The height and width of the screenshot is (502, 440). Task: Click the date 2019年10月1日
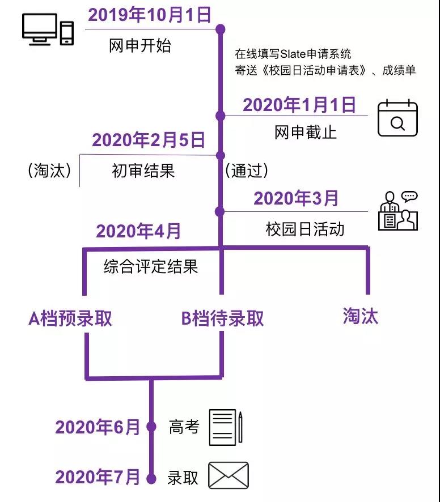tap(149, 15)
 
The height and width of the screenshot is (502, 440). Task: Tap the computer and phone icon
tap(48, 29)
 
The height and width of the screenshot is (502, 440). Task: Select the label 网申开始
tap(139, 45)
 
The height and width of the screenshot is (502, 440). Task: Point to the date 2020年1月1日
tap(299, 105)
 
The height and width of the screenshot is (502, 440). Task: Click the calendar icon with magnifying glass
tap(397, 118)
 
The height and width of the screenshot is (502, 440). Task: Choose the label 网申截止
tap(306, 132)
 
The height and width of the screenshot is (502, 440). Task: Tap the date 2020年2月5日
tap(149, 140)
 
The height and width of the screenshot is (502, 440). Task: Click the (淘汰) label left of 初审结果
tap(49, 170)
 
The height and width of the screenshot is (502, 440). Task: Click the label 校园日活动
tap(304, 229)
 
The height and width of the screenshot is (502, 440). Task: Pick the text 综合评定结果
tap(151, 266)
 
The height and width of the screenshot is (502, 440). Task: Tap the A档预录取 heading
tap(70, 318)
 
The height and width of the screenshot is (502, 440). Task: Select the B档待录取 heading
tap(222, 318)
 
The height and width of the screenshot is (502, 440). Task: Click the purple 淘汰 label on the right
tap(361, 316)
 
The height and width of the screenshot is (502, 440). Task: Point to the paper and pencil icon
tap(226, 427)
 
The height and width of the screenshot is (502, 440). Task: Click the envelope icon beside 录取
tap(229, 475)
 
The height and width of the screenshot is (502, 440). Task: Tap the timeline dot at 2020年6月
tap(151, 427)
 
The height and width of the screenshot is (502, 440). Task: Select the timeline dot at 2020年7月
tap(151, 479)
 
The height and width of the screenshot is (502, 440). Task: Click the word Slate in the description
tap(293, 54)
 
